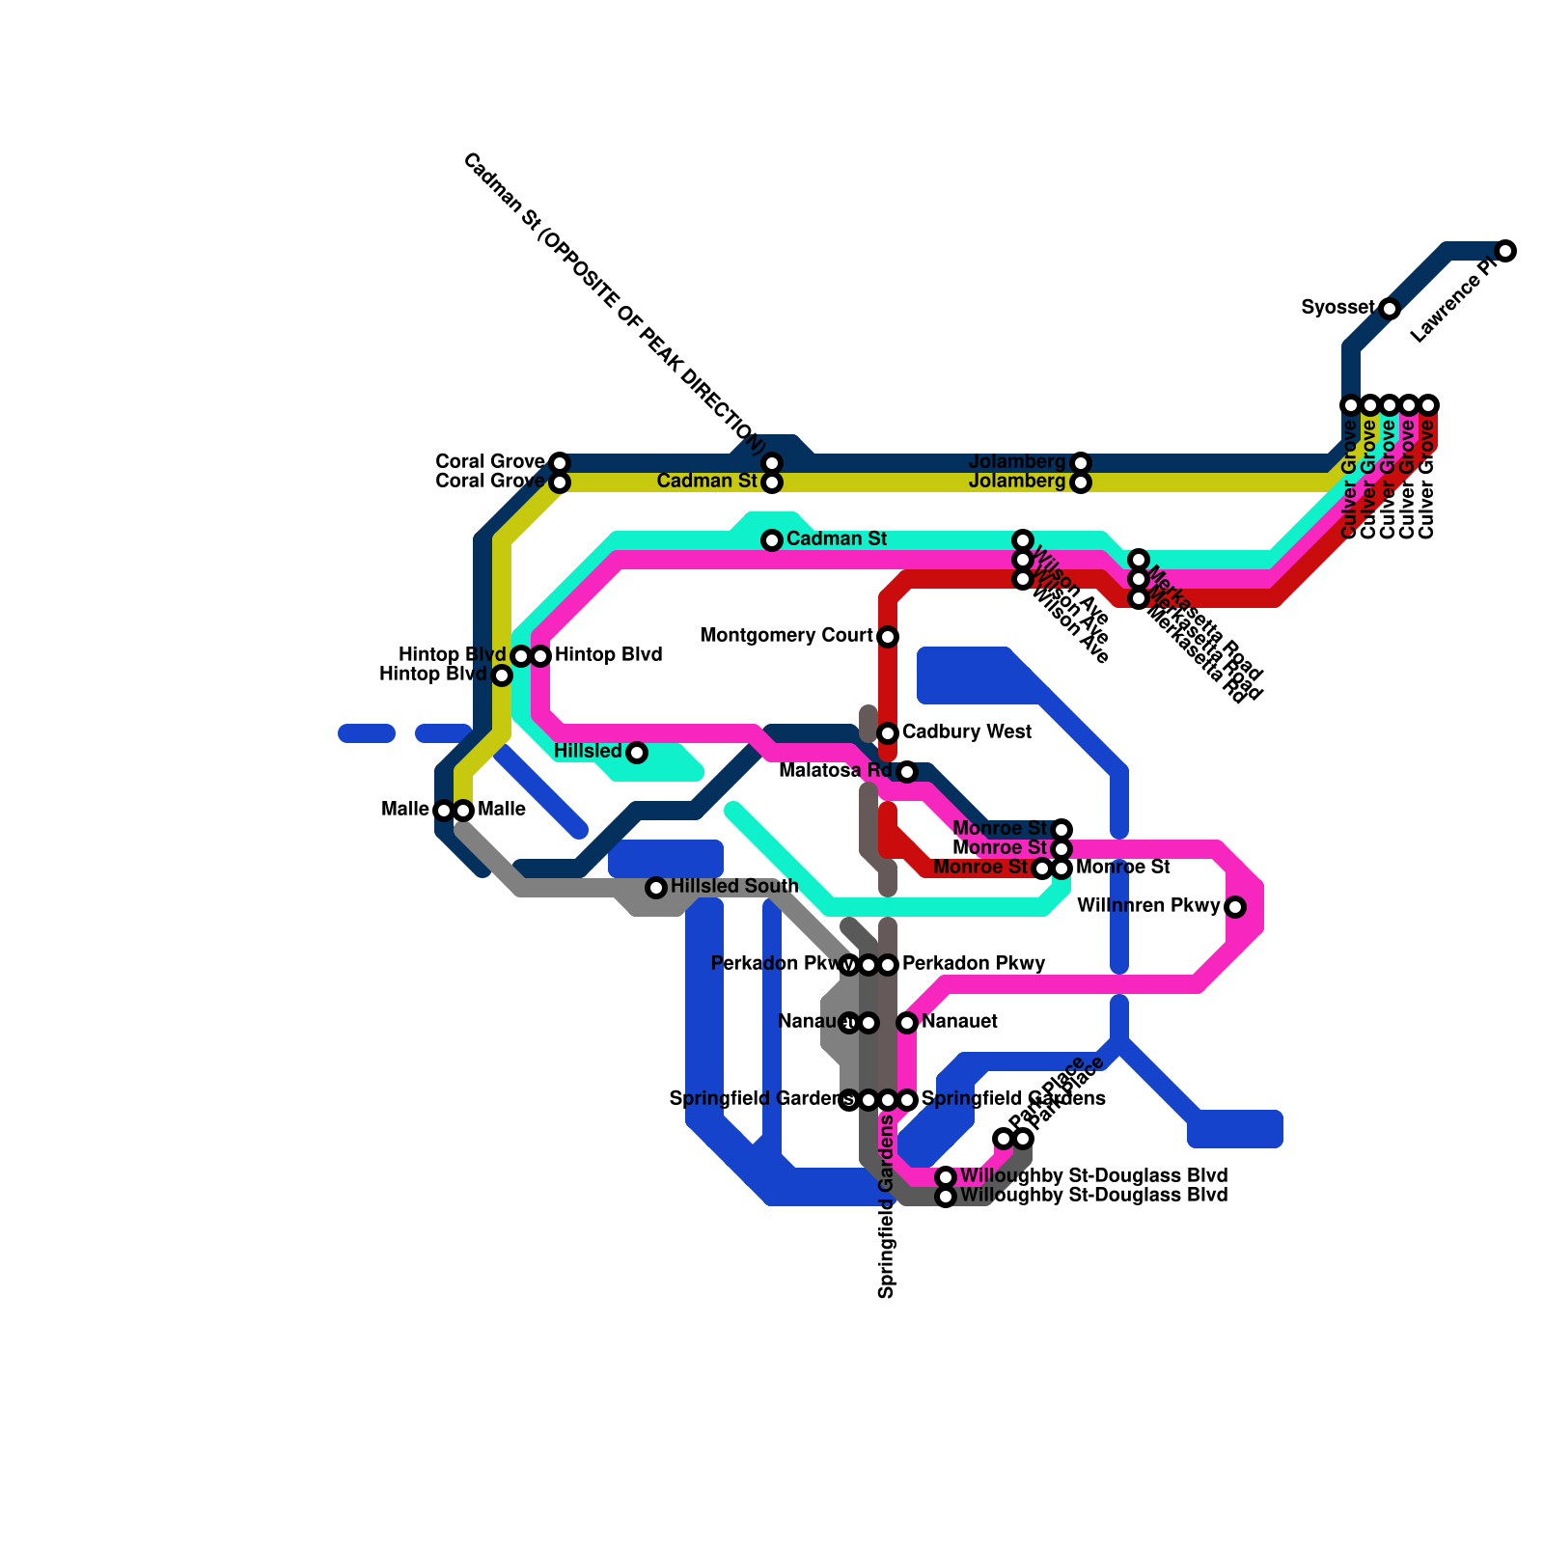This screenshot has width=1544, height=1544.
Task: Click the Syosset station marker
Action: (1389, 309)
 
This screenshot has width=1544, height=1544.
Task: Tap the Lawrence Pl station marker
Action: (1505, 251)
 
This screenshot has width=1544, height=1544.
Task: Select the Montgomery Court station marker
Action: (888, 637)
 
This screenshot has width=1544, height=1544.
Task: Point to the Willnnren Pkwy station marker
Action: (1235, 907)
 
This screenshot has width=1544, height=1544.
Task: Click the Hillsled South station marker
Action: (656, 888)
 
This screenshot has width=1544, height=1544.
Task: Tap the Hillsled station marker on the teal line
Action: (637, 753)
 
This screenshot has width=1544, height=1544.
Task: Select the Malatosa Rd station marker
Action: (907, 772)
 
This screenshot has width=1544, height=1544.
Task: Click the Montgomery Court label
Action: (786, 636)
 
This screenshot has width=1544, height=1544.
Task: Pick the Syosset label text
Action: (1337, 308)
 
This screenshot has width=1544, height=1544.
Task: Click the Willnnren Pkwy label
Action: (1148, 906)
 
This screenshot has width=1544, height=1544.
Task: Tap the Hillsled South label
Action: (734, 886)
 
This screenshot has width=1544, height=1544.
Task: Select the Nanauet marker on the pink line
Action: (907, 1023)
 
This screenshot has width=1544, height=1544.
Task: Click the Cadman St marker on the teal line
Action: (772, 540)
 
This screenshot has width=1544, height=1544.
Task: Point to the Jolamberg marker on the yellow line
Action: (1081, 482)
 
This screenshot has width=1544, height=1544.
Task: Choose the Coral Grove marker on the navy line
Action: (560, 463)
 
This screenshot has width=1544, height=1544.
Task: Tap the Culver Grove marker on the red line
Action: (1428, 405)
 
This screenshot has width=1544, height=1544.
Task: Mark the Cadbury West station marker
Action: (888, 733)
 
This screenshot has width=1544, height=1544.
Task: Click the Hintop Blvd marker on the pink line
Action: (540, 656)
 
